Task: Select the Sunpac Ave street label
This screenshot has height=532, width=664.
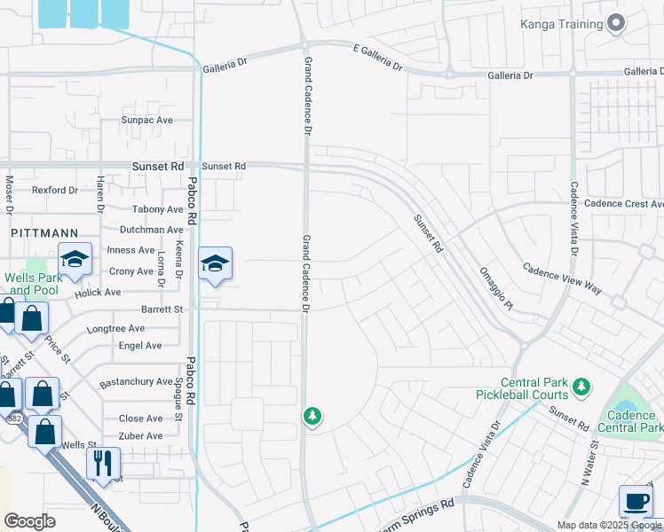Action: [146, 120]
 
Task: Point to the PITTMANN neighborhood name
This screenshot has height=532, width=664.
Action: [35, 231]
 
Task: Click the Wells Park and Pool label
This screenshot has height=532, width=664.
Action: [31, 284]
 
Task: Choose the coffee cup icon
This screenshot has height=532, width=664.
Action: [636, 501]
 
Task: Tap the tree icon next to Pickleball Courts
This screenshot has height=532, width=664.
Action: [581, 386]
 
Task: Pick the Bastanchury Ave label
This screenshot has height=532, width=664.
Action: [136, 382]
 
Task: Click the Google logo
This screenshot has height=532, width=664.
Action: [29, 521]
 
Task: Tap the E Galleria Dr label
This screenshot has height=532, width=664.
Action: [377, 59]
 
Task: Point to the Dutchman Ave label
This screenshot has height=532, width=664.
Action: [151, 229]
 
